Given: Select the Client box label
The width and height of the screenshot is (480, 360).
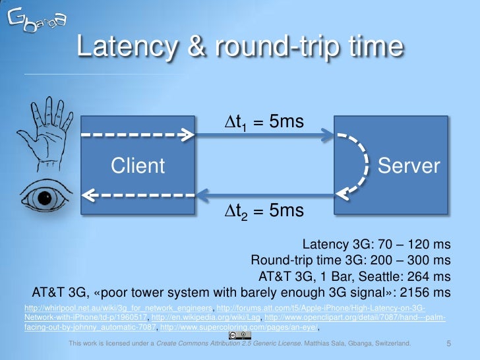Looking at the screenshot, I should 138,166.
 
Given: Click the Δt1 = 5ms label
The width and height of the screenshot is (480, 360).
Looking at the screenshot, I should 261,123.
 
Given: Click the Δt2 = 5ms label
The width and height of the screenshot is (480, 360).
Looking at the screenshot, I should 261,211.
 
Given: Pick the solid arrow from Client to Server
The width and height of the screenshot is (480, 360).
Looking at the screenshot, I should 264,136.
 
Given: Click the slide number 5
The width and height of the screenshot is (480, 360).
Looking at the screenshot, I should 449,344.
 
